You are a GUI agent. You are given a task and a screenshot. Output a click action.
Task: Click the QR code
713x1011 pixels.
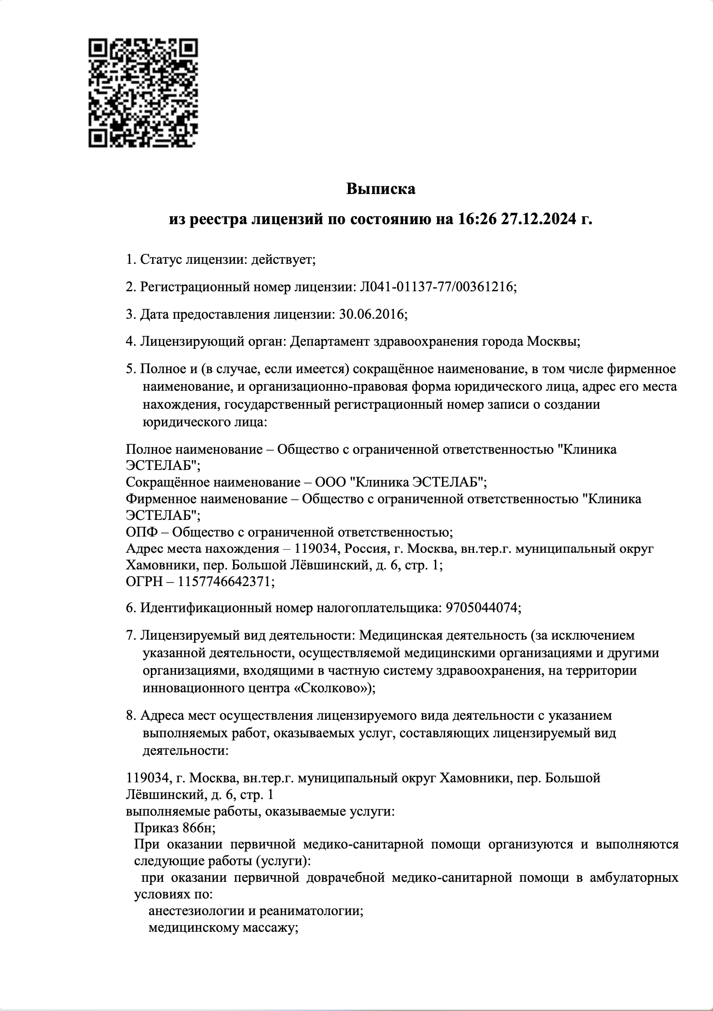[x=143, y=93]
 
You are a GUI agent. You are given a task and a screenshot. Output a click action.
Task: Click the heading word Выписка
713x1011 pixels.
[x=380, y=189]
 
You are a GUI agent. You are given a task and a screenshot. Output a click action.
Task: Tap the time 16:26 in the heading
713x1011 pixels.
[x=477, y=219]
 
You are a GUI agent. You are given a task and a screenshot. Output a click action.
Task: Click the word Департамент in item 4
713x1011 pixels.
[x=331, y=341]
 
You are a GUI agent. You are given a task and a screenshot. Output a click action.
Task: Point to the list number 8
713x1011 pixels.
[x=130, y=715]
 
